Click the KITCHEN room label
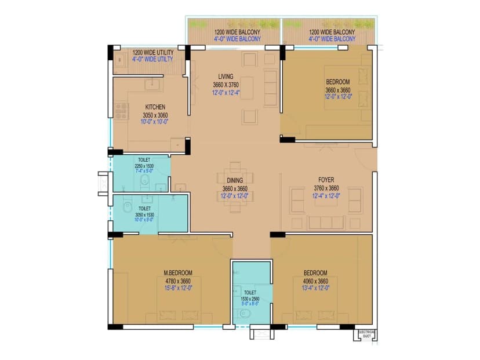[x=155, y=107]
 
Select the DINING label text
[x=234, y=180]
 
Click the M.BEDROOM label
[x=178, y=272]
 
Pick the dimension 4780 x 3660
[x=178, y=281]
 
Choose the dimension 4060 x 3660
[x=315, y=281]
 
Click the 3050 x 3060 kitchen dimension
[x=155, y=115]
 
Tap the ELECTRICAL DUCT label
[x=366, y=333]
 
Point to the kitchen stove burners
[x=121, y=111]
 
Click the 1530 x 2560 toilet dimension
[x=250, y=299]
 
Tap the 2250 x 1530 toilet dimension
[x=143, y=166]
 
